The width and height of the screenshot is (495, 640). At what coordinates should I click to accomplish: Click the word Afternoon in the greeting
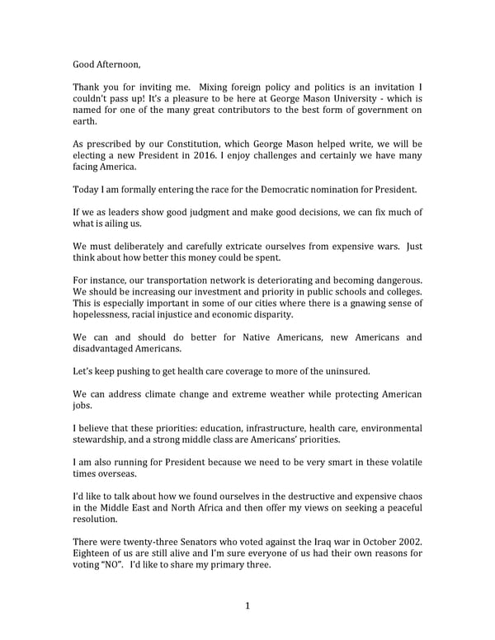(119, 62)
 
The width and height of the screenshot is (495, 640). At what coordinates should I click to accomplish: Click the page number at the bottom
(247, 607)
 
